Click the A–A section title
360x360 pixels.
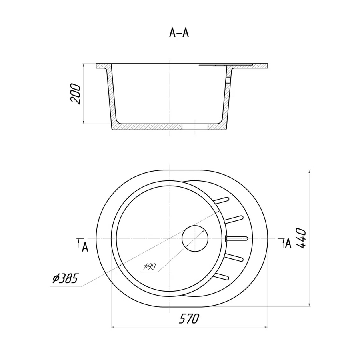point(179,33)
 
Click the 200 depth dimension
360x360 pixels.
point(76,94)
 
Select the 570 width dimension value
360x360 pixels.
point(189,319)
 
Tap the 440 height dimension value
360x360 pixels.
point(301,238)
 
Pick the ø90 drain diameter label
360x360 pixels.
point(150,266)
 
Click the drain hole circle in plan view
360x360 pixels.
point(195,238)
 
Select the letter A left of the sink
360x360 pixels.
point(85,247)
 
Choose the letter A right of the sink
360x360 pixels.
point(288,243)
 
